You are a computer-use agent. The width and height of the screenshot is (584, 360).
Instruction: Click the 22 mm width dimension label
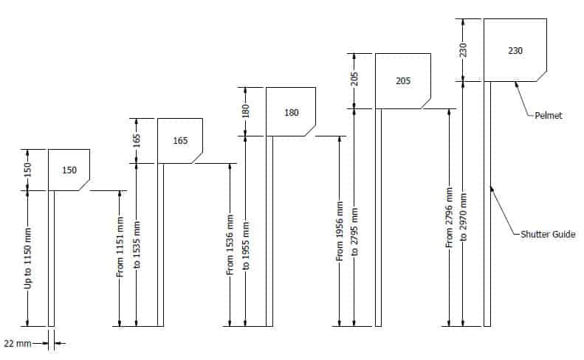[18, 343]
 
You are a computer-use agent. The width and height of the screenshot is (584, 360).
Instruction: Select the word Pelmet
[549, 115]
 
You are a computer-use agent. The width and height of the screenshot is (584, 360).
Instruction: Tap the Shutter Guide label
[548, 234]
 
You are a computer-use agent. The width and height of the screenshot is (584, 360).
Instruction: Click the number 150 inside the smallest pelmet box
[69, 170]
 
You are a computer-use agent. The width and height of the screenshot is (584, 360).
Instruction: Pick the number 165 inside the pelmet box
[180, 141]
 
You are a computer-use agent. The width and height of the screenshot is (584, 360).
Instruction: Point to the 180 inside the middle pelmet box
[291, 112]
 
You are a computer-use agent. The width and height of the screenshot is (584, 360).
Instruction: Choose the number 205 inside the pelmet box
[403, 81]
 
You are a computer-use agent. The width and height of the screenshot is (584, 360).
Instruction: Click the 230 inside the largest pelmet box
[515, 50]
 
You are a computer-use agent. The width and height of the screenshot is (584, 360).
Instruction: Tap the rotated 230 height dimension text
[463, 50]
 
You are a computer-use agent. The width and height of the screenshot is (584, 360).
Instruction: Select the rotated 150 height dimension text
[27, 170]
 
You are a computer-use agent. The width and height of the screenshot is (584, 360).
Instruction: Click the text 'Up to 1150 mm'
[27, 258]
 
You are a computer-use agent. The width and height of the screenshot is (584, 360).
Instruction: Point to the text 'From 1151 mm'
[120, 247]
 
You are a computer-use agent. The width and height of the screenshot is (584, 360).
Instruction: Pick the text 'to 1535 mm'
[137, 245]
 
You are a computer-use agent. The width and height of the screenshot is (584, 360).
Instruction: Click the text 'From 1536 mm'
[230, 245]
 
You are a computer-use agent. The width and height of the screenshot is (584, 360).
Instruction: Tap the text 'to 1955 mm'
[245, 246]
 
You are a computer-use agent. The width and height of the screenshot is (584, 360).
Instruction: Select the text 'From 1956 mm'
[340, 231]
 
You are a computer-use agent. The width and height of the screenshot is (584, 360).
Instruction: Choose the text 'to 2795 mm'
[354, 232]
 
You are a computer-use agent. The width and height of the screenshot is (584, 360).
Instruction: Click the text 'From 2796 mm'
[449, 218]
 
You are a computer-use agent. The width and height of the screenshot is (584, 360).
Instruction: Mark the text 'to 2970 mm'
[463, 217]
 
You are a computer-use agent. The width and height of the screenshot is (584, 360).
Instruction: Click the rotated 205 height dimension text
[354, 79]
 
